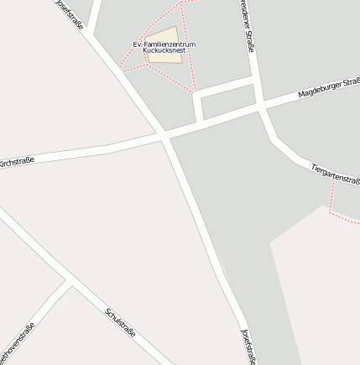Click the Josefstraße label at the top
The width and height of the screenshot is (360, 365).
click(70, 14)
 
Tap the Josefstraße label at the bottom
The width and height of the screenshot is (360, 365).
click(247, 347)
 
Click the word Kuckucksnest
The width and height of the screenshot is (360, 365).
click(164, 50)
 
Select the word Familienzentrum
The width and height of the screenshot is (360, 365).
click(170, 44)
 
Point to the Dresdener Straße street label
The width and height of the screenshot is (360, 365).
click(246, 27)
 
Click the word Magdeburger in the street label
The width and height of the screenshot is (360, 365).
click(321, 89)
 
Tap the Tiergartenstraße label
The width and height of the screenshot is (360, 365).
click(335, 175)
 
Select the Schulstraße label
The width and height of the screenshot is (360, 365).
click(121, 326)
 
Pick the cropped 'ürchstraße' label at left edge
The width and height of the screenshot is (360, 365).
click(16, 160)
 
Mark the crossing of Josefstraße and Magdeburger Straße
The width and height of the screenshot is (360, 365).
click(164, 135)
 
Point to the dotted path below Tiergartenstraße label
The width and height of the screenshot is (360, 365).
click(332, 201)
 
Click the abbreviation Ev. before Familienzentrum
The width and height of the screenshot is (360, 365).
click(138, 44)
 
